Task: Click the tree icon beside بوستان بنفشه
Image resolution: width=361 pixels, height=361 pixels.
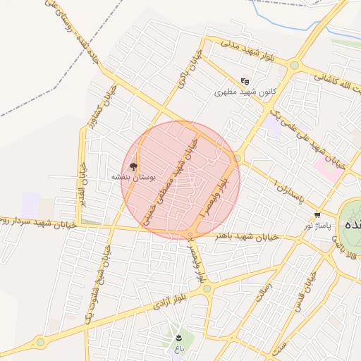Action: point(133,167)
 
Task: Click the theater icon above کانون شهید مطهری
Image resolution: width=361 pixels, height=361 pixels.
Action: point(245,81)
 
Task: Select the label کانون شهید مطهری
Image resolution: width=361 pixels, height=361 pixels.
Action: point(235,92)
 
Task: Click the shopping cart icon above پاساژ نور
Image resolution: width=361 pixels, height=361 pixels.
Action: point(317,215)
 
